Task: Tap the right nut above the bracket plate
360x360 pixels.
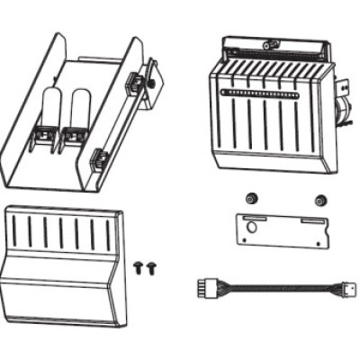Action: tap(316, 199)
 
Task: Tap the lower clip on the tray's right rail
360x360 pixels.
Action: tap(99, 161)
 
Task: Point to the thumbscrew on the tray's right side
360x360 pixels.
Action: tap(157, 83)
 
